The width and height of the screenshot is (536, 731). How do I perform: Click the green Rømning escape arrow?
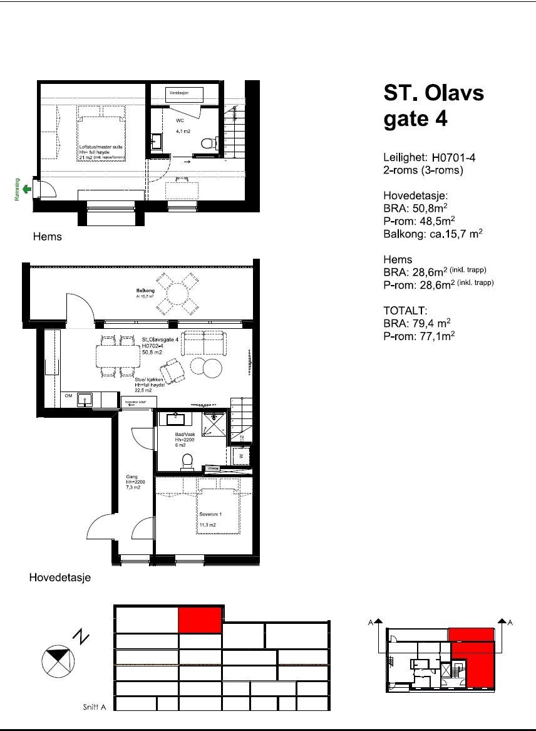tap(26, 188)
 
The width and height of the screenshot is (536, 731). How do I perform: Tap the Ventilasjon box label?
tap(185, 93)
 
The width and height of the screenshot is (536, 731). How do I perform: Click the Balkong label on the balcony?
tap(145, 291)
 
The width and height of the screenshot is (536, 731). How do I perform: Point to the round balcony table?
tap(178, 293)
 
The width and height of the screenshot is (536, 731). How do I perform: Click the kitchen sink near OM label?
tap(83, 398)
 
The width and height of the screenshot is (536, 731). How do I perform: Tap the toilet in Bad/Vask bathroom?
tap(187, 462)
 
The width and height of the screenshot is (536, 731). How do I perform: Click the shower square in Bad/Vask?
tap(215, 424)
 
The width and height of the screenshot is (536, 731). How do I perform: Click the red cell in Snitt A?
tap(200, 620)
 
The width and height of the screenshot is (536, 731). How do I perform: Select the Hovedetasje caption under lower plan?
tap(60, 578)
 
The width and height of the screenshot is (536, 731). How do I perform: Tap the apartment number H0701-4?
tap(450, 158)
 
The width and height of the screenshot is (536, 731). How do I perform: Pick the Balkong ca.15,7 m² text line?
tap(433, 234)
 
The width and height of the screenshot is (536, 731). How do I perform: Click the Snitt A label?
tap(95, 707)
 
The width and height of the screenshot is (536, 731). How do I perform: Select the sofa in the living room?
tap(205, 342)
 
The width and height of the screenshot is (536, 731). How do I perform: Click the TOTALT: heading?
tap(406, 310)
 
